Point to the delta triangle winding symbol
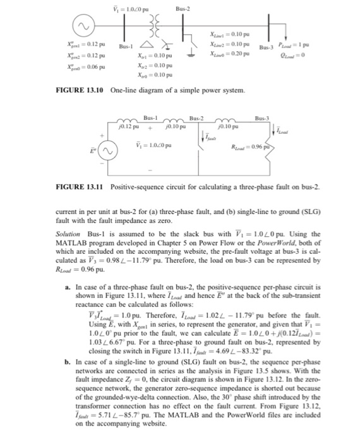pos(147,45)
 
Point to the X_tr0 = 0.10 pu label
pos(154,75)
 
